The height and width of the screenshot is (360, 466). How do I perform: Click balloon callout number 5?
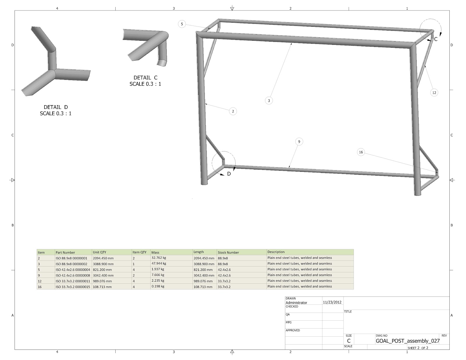182,24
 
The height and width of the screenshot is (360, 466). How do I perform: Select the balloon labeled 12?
434,93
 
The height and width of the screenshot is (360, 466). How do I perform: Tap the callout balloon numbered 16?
361,152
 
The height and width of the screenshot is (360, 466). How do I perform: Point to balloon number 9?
299,142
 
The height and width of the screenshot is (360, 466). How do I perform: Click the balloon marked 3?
269,100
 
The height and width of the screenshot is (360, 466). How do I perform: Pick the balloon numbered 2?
233,111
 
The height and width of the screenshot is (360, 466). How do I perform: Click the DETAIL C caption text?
145,78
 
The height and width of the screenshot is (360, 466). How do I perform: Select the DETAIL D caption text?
56,107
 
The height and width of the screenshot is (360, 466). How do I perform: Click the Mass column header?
155,253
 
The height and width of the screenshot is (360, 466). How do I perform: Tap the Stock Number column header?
228,253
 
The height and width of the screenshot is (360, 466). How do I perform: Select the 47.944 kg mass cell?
159,264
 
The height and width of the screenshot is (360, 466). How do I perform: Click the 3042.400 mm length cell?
204,275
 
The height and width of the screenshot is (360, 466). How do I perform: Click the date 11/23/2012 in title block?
332,302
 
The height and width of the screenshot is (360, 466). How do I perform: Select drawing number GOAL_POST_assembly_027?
407,341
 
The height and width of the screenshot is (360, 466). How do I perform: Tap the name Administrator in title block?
296,303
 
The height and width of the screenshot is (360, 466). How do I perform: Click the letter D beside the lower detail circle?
229,174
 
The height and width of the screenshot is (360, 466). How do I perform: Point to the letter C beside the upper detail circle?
436,39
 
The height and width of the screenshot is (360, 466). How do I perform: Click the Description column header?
276,252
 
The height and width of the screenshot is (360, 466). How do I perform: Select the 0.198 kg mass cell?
158,286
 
